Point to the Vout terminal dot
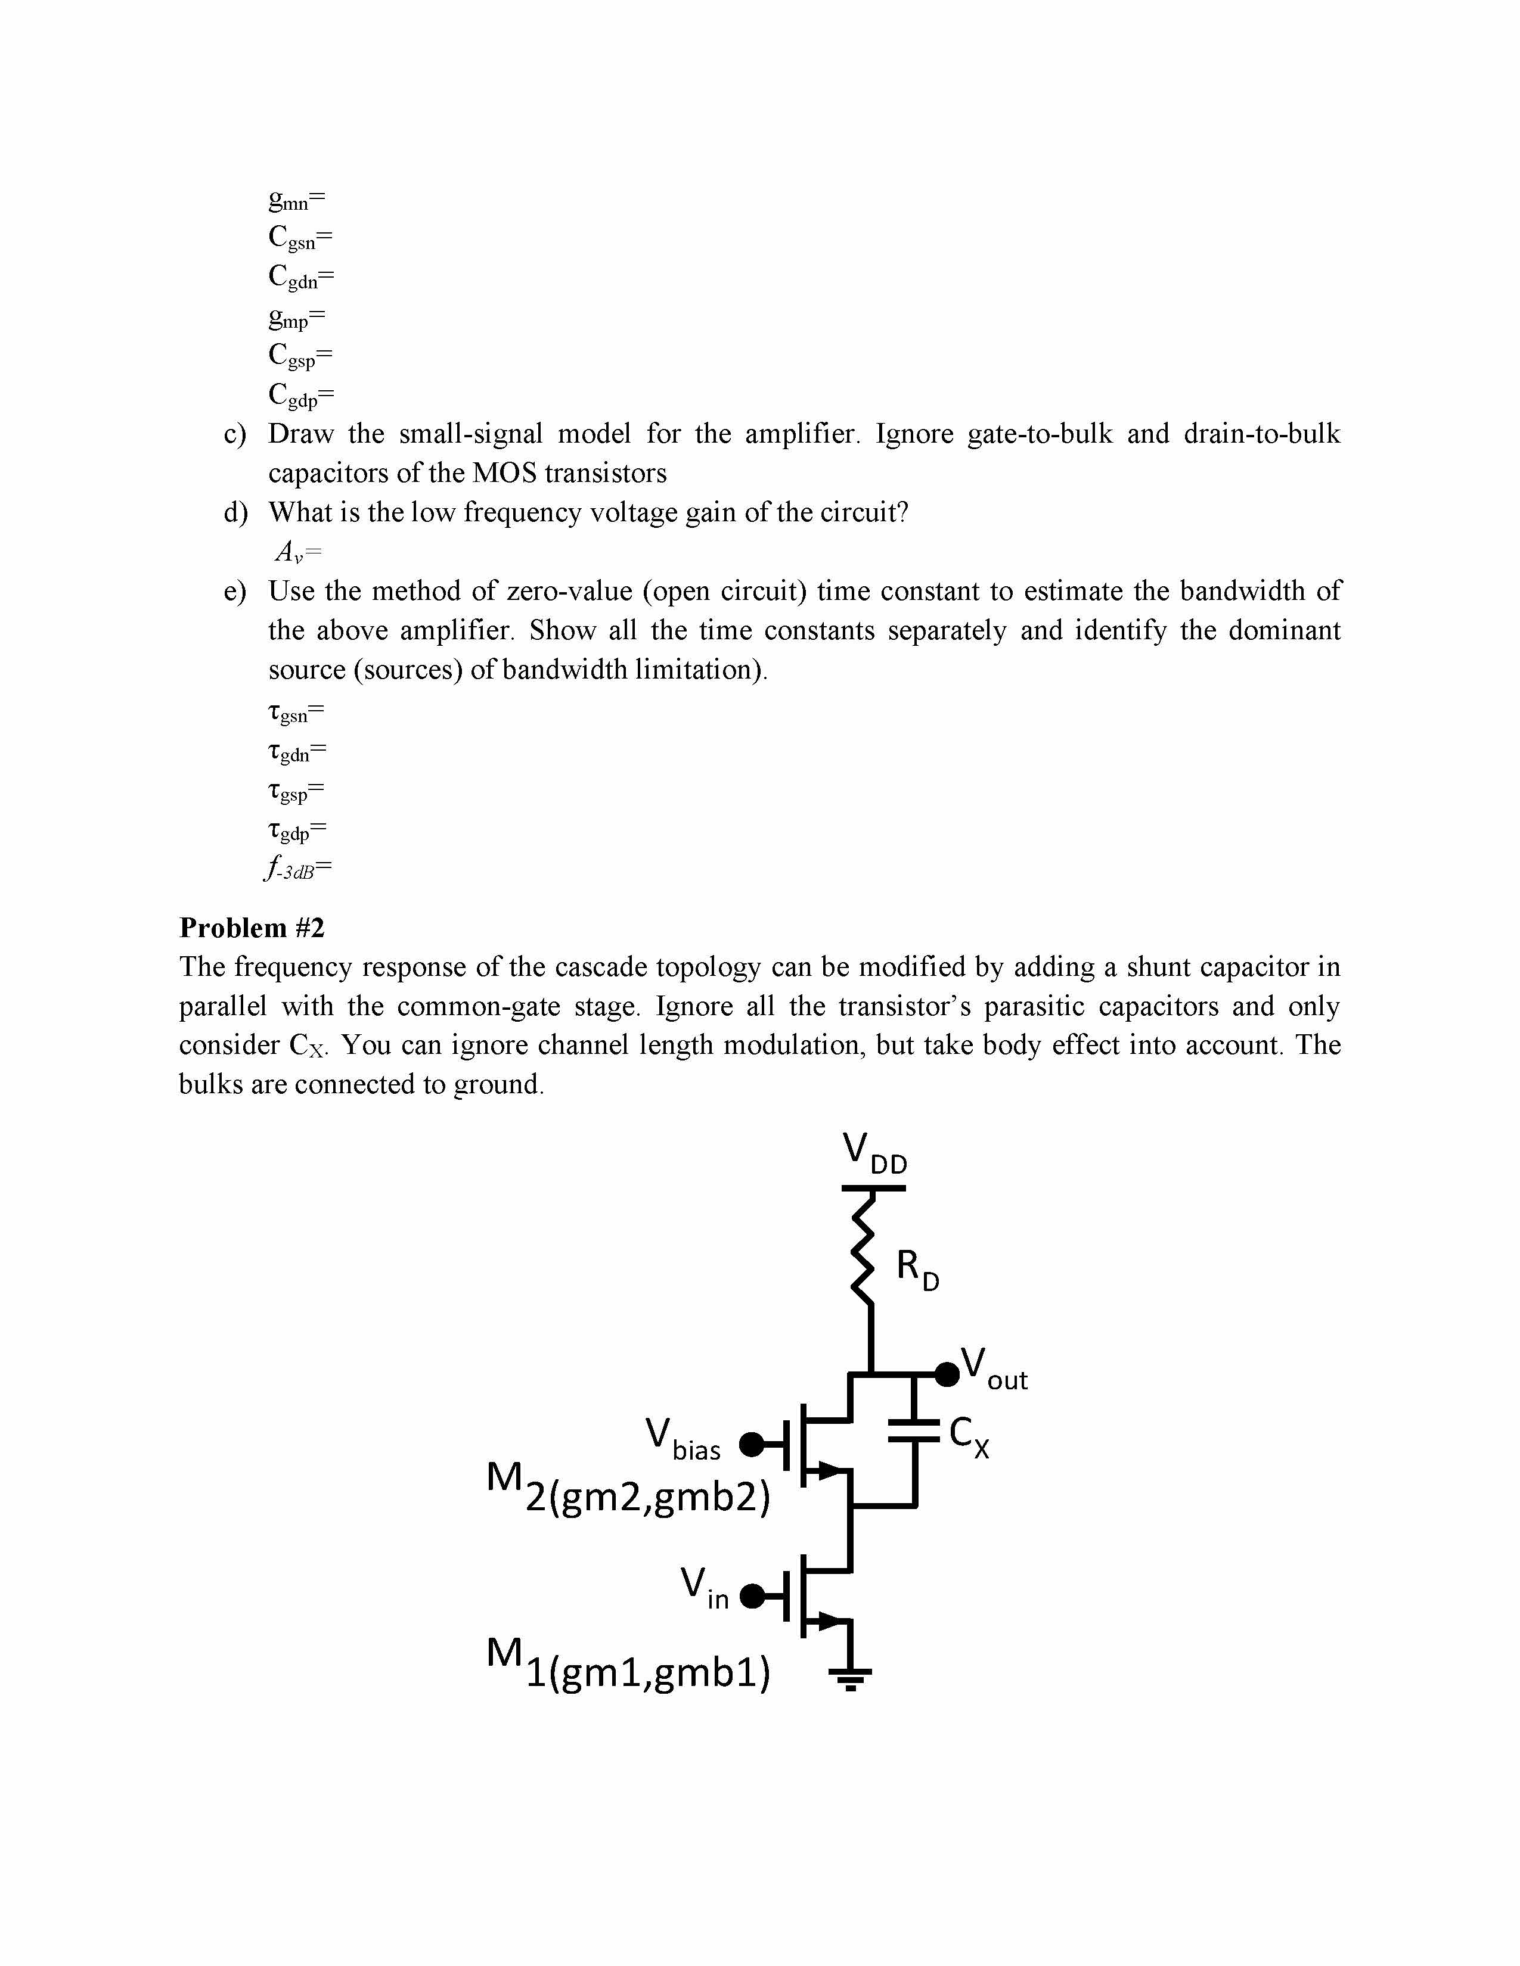tap(947, 1374)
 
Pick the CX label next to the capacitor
tap(970, 1434)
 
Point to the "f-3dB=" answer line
tap(298, 869)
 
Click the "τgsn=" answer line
tap(295, 714)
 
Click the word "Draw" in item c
tap(301, 434)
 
